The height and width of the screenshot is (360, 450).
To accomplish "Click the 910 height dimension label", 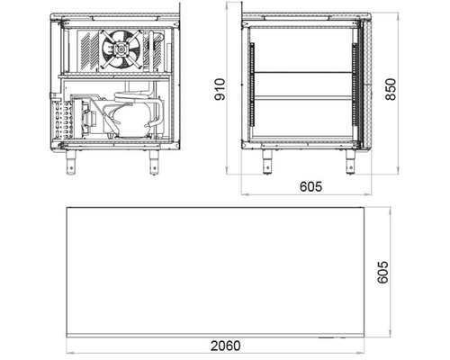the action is click(x=220, y=89).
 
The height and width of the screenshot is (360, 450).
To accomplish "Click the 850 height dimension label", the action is click(x=391, y=89).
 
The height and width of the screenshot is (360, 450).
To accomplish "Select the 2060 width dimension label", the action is click(x=225, y=346).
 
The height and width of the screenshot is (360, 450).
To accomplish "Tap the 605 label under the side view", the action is click(x=310, y=186).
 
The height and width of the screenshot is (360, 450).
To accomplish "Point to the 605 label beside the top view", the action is click(x=382, y=272).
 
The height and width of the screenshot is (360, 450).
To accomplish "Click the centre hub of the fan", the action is click(x=121, y=49).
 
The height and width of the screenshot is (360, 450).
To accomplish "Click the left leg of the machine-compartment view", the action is click(x=71, y=162).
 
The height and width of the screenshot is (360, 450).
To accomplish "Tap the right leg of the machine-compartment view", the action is click(x=154, y=162).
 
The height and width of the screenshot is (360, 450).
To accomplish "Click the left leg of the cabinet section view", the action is click(x=266, y=162).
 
